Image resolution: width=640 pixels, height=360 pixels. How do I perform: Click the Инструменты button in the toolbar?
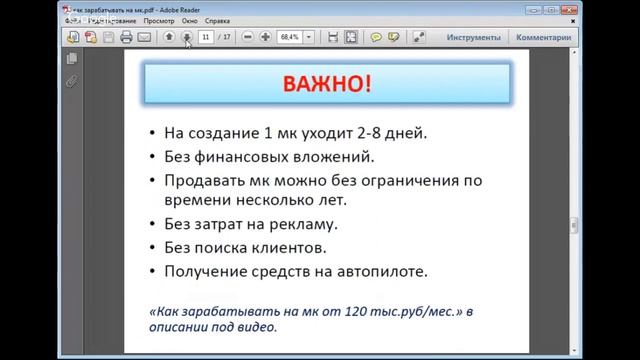(474, 37)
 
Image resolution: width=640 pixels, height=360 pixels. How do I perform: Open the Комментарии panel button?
(544, 37)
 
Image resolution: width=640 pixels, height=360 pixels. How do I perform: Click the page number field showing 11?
(207, 37)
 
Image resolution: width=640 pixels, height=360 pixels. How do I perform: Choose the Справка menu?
(229, 19)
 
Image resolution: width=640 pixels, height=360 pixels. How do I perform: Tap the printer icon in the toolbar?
(126, 37)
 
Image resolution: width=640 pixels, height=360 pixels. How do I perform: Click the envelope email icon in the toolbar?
(144, 37)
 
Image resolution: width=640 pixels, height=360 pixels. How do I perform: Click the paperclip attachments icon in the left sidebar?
(72, 81)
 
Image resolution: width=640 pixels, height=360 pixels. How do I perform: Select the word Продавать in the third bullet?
(209, 181)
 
